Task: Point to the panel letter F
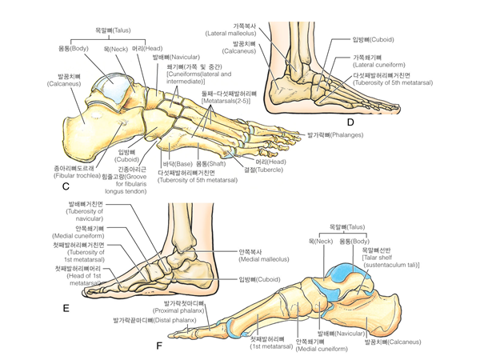pos(159,346)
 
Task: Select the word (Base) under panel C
pos(178,164)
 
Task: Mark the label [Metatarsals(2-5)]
pos(228,102)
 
